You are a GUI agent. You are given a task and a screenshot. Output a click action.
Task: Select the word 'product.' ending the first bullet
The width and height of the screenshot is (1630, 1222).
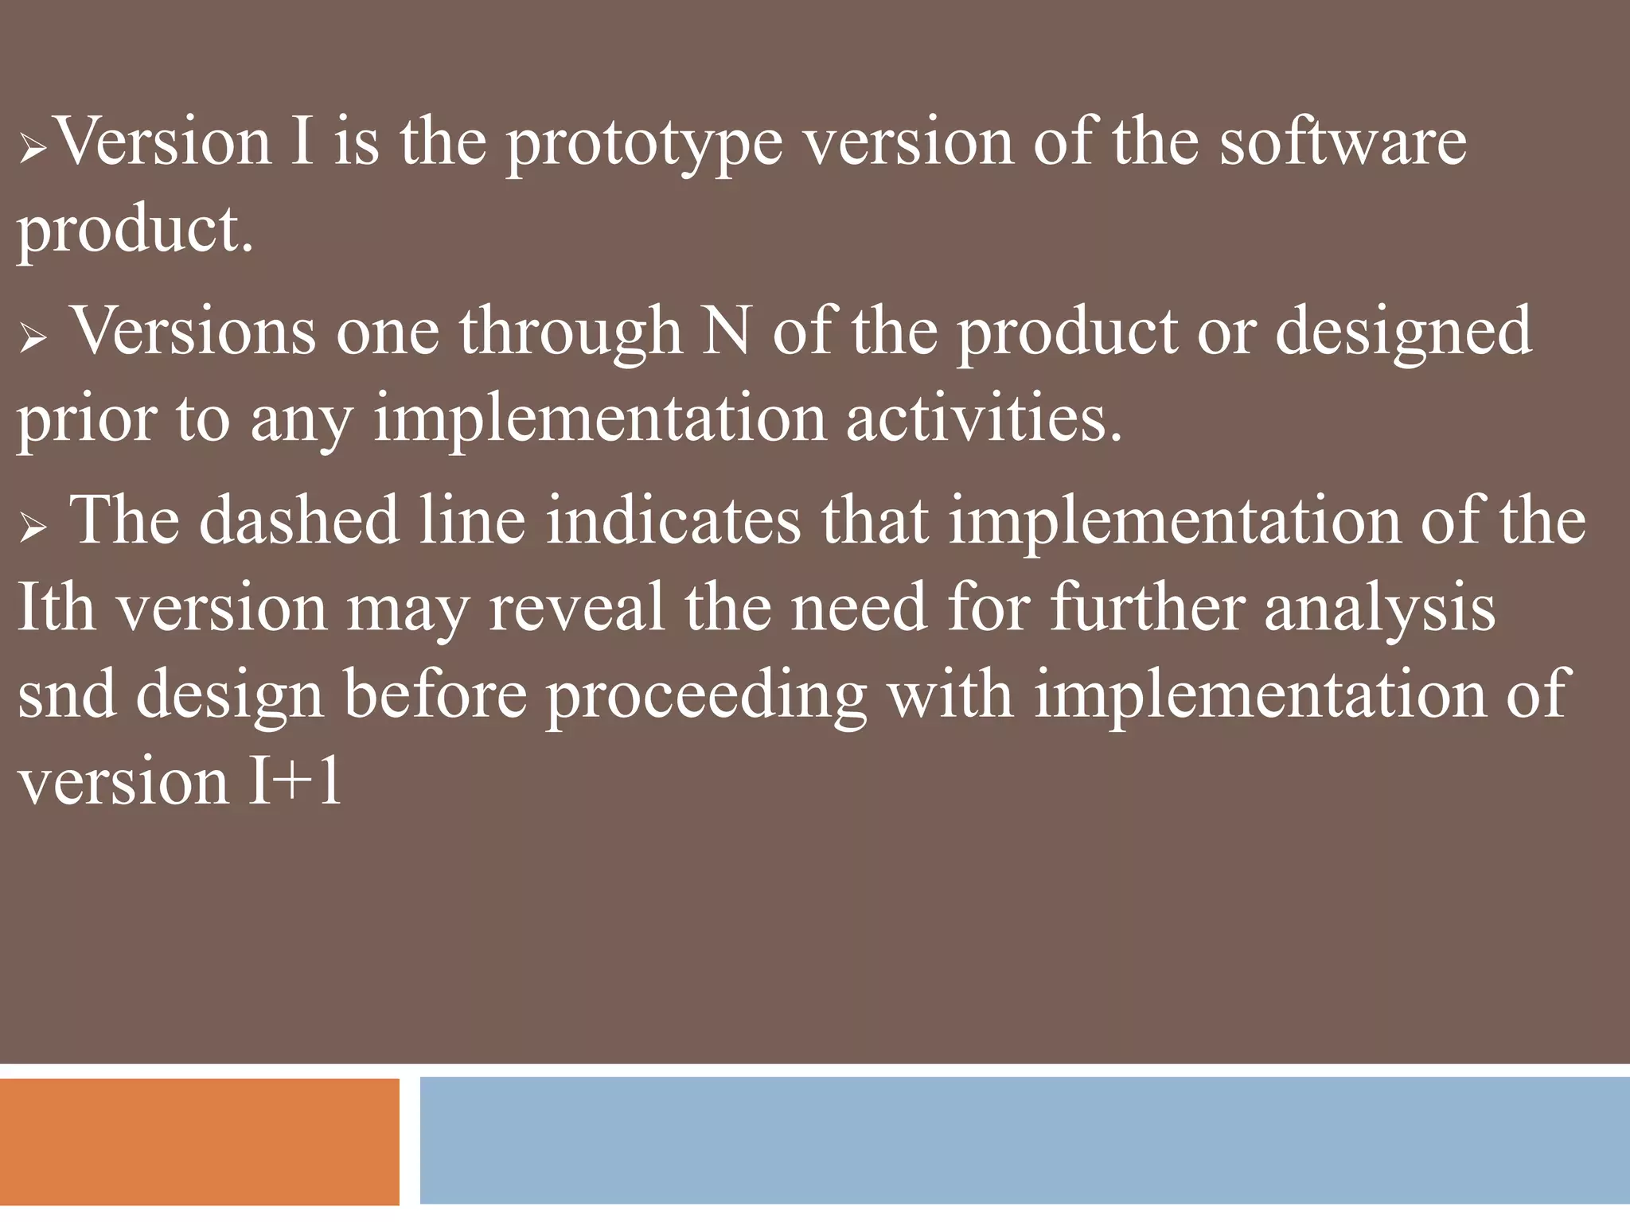[x=135, y=232]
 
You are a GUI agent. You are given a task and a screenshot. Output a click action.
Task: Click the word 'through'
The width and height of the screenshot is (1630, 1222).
[x=570, y=332]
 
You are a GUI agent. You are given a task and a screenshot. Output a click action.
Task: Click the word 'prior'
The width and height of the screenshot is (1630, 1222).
[x=87, y=420]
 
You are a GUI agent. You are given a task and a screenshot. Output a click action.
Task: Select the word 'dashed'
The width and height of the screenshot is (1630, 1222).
[x=299, y=520]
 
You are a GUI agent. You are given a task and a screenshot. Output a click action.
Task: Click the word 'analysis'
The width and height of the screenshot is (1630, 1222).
[x=1379, y=609]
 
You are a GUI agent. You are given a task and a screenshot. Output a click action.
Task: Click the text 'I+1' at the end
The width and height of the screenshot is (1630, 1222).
[x=294, y=781]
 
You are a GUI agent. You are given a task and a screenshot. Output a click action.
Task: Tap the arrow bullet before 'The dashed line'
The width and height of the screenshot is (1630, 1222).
[x=33, y=527]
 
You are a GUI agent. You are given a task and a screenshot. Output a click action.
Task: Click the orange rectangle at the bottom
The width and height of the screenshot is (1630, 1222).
[x=199, y=1141]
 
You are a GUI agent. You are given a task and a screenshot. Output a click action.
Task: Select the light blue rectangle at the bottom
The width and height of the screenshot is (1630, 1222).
[x=1024, y=1140]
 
